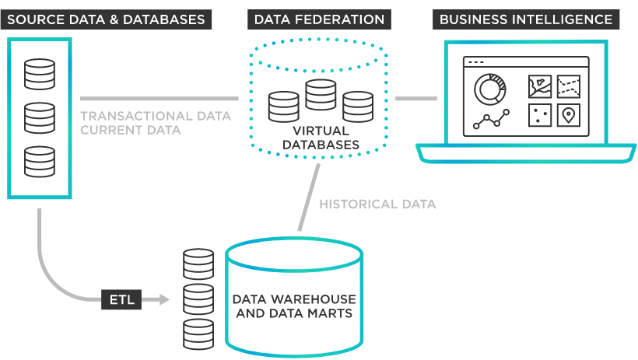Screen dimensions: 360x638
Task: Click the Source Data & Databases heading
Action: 106,19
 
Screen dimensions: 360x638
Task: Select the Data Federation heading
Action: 319,19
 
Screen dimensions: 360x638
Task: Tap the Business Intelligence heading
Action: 526,19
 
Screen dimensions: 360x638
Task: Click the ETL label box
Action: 121,299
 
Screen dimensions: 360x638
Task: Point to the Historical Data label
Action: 377,204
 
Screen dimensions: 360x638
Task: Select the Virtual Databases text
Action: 320,138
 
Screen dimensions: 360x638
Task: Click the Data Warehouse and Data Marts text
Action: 294,306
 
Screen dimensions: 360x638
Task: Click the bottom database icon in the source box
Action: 40,161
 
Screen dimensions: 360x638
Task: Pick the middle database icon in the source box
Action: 40,117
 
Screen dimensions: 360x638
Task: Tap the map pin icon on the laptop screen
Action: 569,115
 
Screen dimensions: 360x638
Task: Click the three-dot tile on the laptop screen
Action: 540,115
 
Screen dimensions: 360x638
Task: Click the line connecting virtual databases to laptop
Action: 415,99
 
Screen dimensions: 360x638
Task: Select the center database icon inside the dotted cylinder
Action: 320,94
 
